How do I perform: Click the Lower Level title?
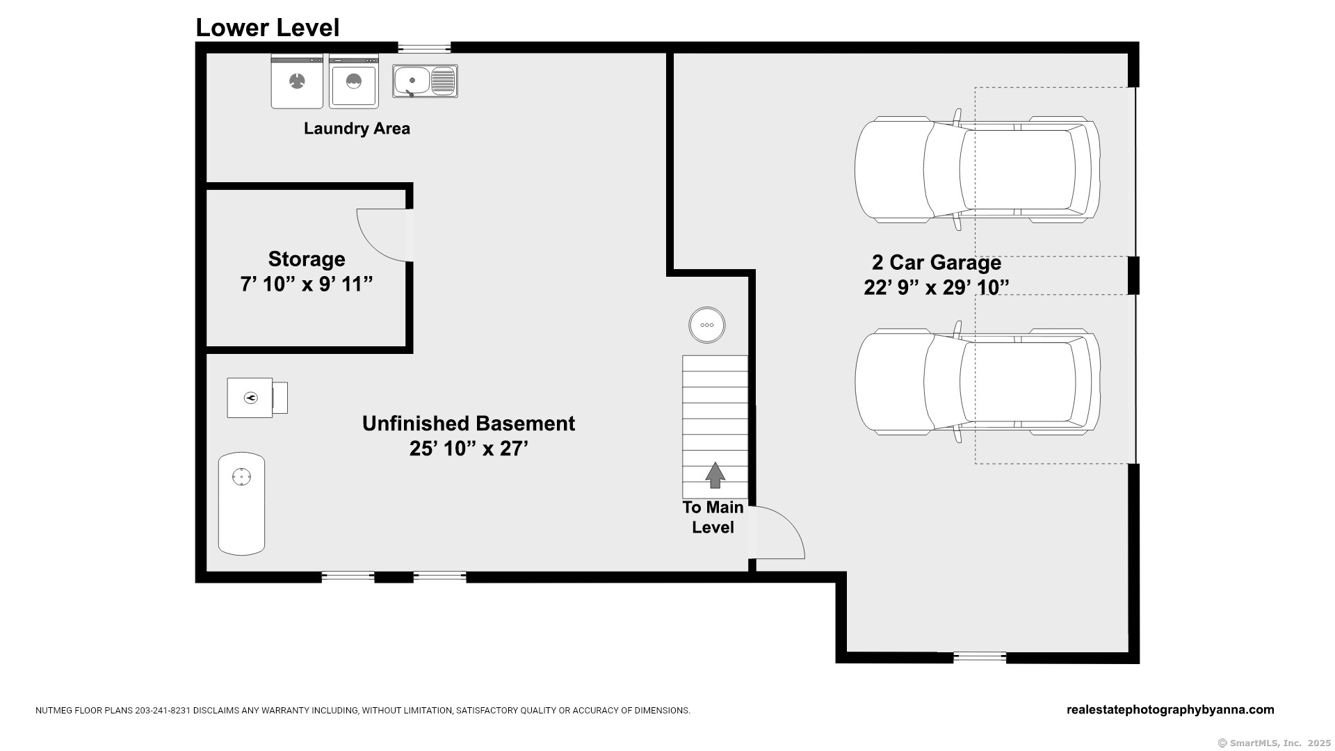click(x=268, y=28)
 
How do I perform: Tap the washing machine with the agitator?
click(x=297, y=81)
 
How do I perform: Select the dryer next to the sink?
click(x=354, y=81)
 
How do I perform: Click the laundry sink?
click(x=425, y=81)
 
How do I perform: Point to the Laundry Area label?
click(x=357, y=129)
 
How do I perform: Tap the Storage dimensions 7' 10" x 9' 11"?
click(x=307, y=284)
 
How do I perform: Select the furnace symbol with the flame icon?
click(x=257, y=398)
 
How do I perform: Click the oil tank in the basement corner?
click(x=241, y=504)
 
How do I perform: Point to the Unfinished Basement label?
click(x=469, y=423)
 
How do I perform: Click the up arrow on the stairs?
click(x=715, y=475)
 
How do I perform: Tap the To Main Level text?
click(x=713, y=517)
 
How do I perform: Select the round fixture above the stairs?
click(x=706, y=325)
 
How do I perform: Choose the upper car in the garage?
click(x=978, y=170)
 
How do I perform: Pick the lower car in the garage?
click(x=978, y=382)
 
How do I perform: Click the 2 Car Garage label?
click(x=937, y=262)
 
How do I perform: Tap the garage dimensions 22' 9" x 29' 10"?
click(x=937, y=287)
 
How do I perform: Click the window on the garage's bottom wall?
click(x=980, y=656)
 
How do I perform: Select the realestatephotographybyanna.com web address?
click(x=1170, y=710)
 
